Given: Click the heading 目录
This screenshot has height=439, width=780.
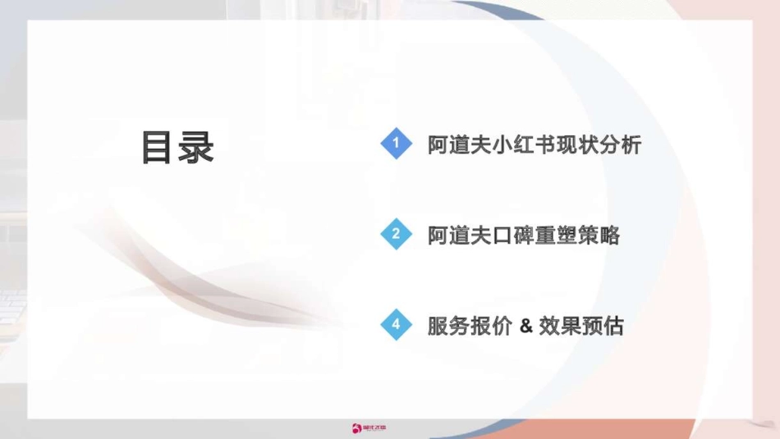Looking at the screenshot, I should click(x=177, y=148).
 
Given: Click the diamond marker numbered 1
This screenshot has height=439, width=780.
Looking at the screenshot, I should click(x=396, y=144).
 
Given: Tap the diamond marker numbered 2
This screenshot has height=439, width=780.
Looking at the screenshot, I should click(x=396, y=235).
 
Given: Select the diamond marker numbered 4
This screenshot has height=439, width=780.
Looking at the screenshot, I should click(x=396, y=325).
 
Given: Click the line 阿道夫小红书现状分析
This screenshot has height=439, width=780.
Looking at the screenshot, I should click(x=535, y=145).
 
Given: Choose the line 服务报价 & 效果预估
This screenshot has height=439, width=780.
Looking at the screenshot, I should click(x=525, y=327).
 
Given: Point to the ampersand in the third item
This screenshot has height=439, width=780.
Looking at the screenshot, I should click(x=525, y=327).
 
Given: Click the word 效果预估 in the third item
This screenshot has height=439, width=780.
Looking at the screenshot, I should click(x=581, y=327).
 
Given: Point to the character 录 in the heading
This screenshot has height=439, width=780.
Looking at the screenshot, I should click(x=197, y=148).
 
